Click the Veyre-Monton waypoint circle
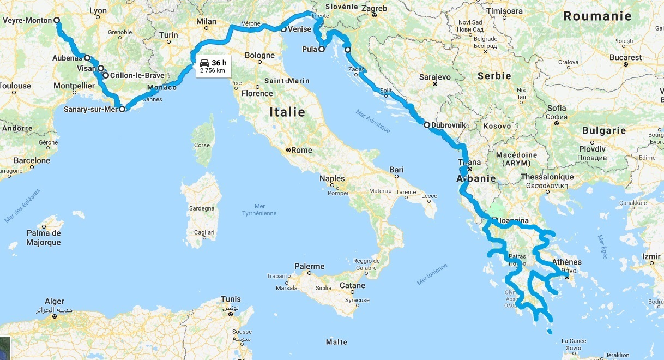(x=57, y=21)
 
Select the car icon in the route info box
(x=204, y=62)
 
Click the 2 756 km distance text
(x=212, y=70)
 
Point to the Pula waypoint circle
(x=321, y=49)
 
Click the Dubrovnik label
(x=448, y=125)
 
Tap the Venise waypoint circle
(x=283, y=29)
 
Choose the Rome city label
(x=301, y=150)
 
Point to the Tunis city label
(x=231, y=299)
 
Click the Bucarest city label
(x=626, y=57)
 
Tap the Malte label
(x=336, y=342)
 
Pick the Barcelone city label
(x=32, y=161)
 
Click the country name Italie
(x=287, y=112)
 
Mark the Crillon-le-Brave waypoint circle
(x=105, y=75)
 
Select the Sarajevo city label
(x=434, y=77)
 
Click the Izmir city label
(x=650, y=256)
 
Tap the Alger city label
(x=55, y=302)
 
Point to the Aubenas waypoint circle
(x=87, y=57)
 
